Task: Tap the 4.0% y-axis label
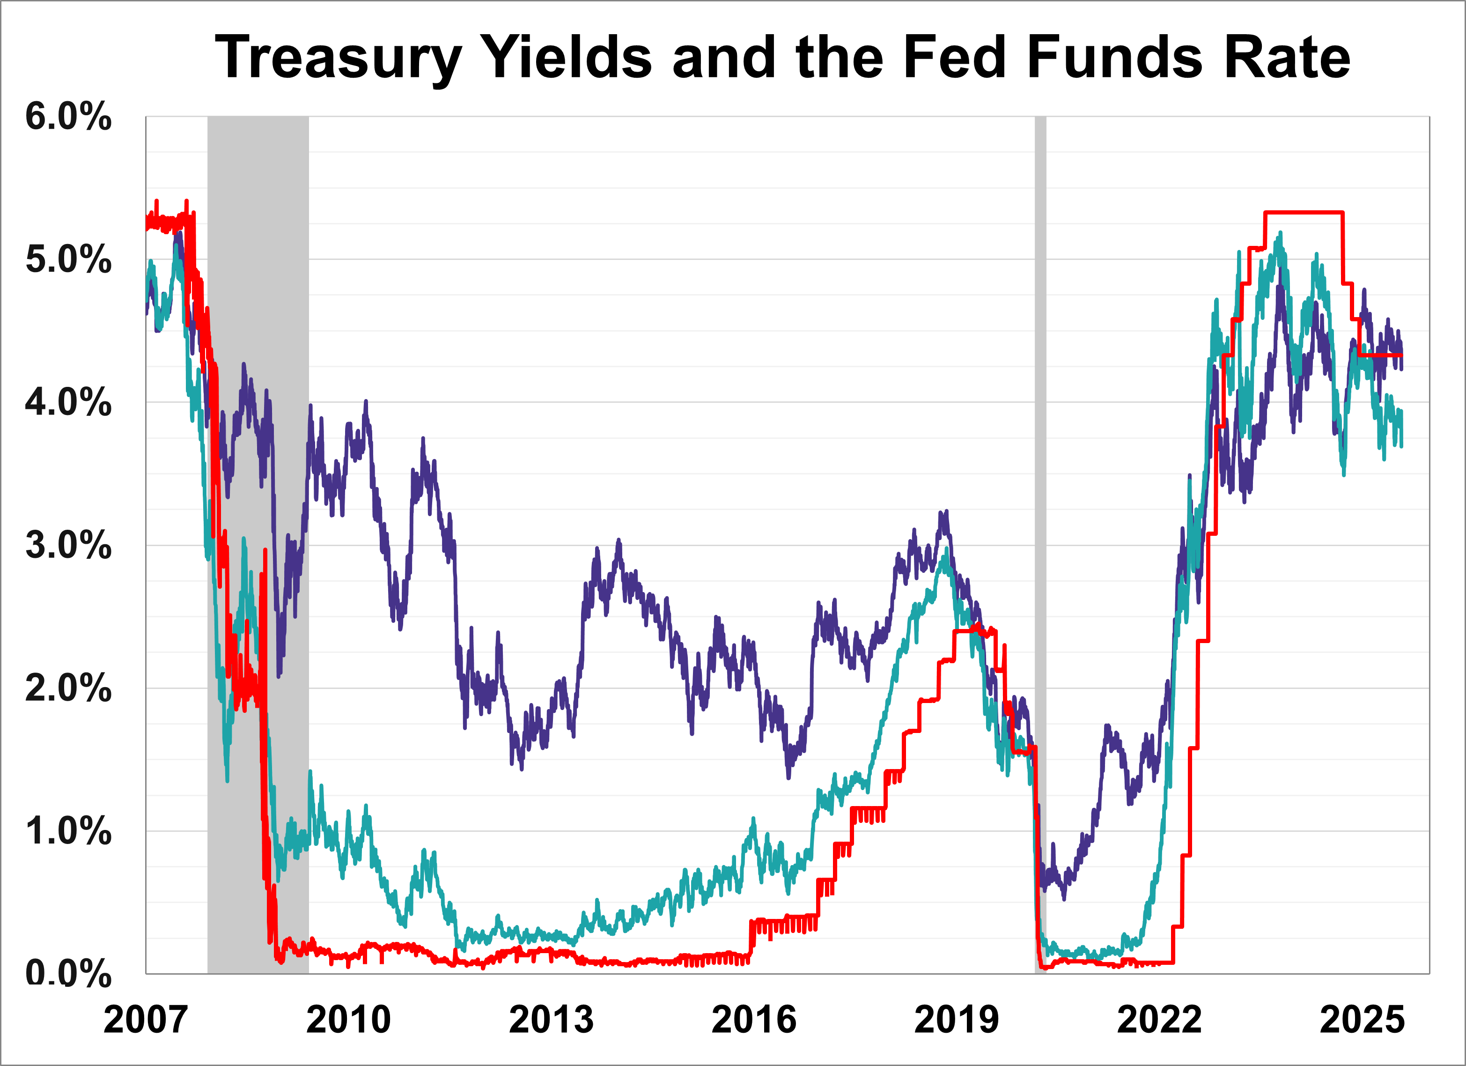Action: point(68,403)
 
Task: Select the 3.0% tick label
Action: point(68,546)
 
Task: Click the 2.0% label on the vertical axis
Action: point(68,688)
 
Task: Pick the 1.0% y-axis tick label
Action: point(68,831)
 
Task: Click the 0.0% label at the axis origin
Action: point(68,974)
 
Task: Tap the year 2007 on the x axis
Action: point(146,1020)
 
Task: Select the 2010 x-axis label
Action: point(348,1020)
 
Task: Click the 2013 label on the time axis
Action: point(552,1020)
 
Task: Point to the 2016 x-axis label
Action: point(754,1020)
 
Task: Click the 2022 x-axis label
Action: point(1160,1020)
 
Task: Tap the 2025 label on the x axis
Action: point(1362,1020)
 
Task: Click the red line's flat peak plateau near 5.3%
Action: point(1304,212)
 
